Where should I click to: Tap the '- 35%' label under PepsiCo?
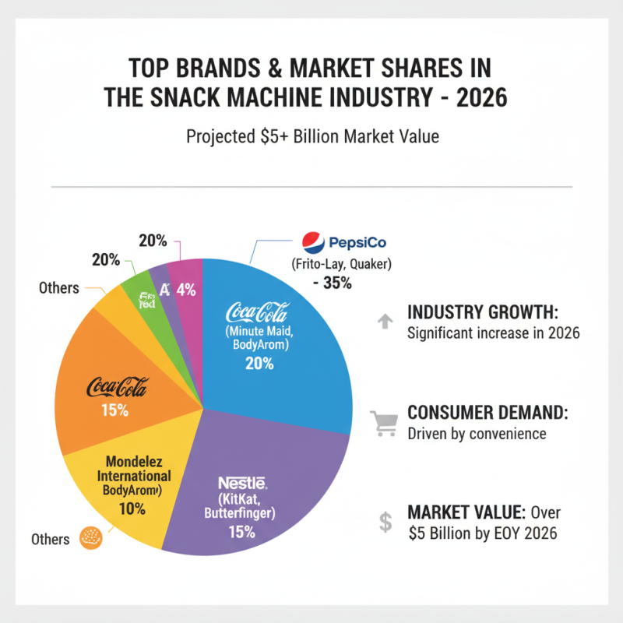click(333, 283)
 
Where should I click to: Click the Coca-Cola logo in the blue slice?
click(257, 313)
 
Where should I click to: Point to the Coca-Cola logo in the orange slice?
click(116, 388)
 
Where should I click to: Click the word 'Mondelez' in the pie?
click(134, 459)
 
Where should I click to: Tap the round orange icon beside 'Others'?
click(92, 538)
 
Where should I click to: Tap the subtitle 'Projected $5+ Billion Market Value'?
click(312, 137)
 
